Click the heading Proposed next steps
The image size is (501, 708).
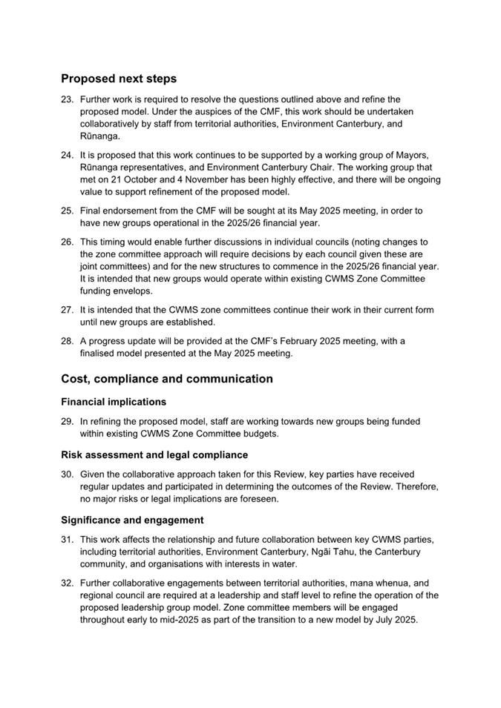click(x=119, y=79)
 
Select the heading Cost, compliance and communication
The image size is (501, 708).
click(x=167, y=379)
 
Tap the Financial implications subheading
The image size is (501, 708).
click(x=114, y=402)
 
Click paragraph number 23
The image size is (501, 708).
click(x=67, y=99)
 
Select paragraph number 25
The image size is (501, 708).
click(x=67, y=211)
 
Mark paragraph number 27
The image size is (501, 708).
click(x=67, y=310)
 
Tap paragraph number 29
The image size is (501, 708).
click(x=67, y=422)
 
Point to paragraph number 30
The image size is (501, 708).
click(x=67, y=474)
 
